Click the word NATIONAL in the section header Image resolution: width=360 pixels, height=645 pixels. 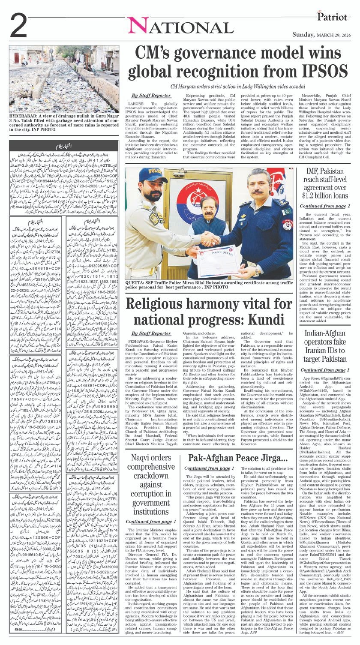[180, 27]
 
